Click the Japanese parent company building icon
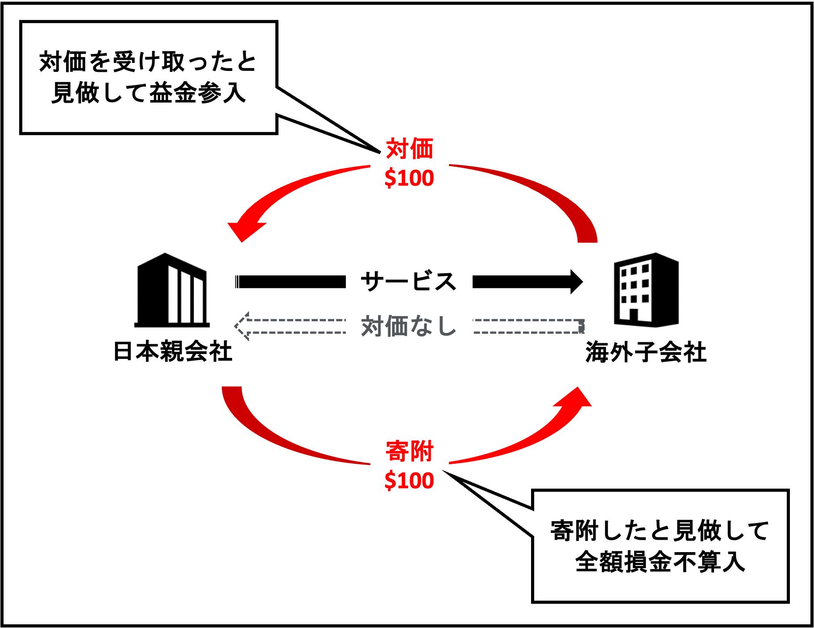coord(172,290)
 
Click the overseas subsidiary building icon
coord(646,290)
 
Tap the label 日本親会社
coord(173,351)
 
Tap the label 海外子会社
coord(646,352)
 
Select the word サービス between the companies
coord(408,282)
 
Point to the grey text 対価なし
coord(408,326)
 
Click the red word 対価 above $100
coord(409,149)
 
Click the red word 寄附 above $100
coord(409,451)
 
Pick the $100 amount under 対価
coord(409,178)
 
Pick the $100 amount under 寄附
coord(409,481)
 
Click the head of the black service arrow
coord(576,282)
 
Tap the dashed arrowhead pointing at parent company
coord(242,326)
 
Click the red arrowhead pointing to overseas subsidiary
coord(576,399)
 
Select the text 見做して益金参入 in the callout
coord(149,93)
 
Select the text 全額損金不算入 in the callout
coord(660,562)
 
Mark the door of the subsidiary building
coord(633,315)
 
